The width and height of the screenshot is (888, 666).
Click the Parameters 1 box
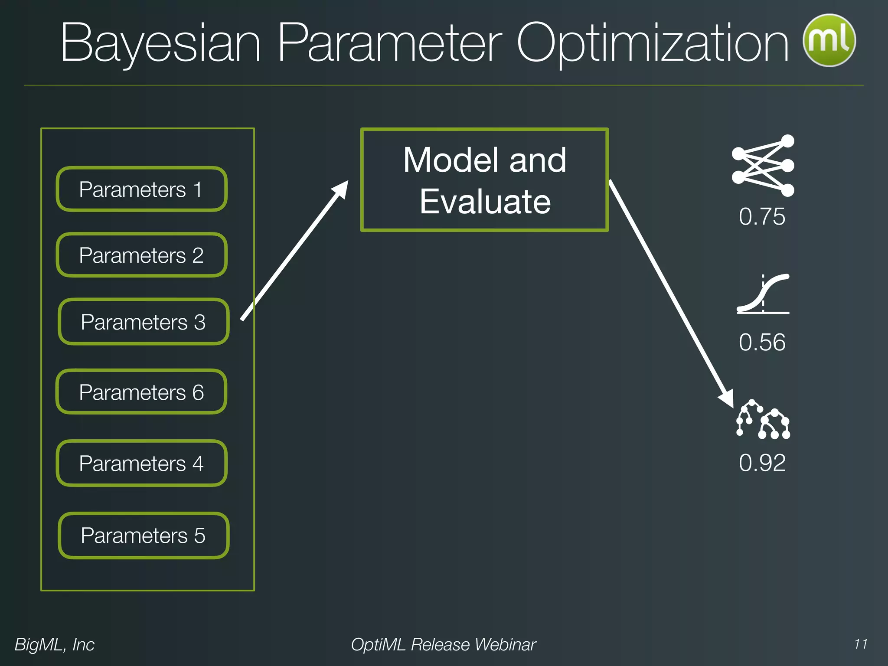coord(141,189)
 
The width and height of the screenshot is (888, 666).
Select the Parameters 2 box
coord(141,255)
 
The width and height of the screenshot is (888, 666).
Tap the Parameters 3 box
coord(143,322)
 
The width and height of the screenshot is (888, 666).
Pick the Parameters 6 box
coord(141,392)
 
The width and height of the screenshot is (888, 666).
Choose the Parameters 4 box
coord(141,463)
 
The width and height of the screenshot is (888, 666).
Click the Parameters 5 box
coord(143,535)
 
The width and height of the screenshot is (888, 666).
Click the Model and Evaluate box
coord(484,180)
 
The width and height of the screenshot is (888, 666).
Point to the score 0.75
coord(762,216)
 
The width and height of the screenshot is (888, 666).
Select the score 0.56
coord(762,342)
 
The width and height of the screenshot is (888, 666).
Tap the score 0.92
coord(762,462)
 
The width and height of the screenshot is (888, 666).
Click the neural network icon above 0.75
coord(763,166)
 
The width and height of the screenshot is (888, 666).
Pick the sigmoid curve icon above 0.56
coord(763,294)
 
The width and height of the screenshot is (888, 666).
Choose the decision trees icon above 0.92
coord(763,420)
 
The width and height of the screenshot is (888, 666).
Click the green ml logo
coord(829,40)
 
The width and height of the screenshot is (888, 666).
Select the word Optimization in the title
coord(653,43)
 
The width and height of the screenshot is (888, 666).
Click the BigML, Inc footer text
coord(55,644)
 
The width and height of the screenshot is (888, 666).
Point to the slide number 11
coord(861,644)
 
